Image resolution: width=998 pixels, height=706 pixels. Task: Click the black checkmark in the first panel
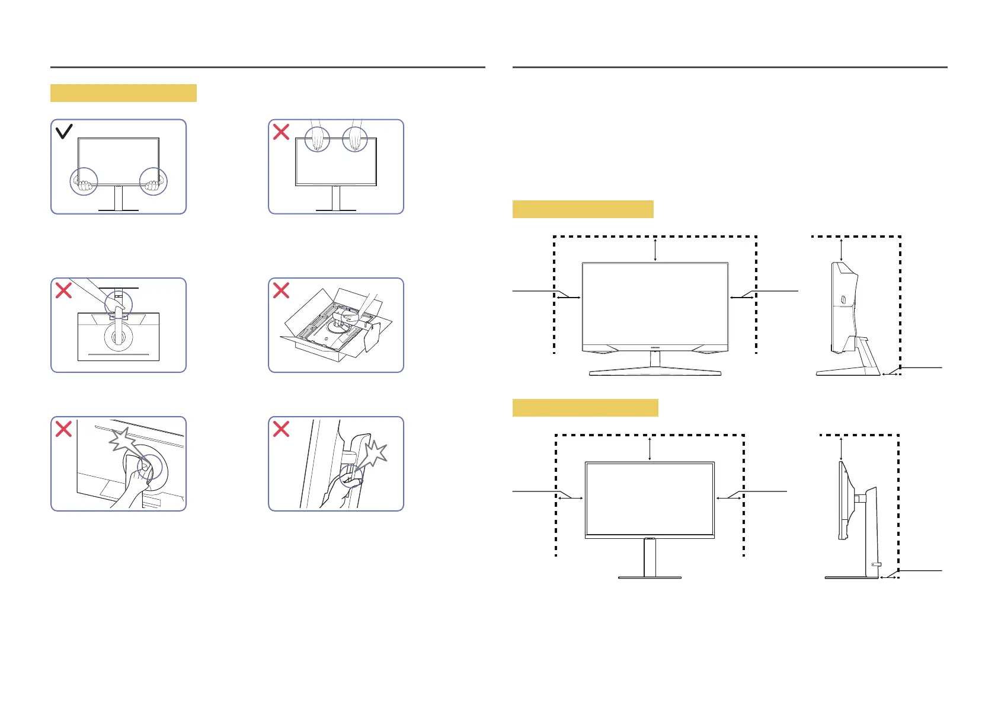pos(64,131)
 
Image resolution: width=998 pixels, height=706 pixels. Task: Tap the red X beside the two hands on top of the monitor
pos(281,132)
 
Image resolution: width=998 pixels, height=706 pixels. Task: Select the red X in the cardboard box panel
pos(281,290)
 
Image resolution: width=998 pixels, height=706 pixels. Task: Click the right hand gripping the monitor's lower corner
pos(153,185)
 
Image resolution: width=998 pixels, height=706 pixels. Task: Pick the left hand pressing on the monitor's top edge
pos(318,139)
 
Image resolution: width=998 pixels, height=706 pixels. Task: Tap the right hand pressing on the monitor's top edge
pos(356,139)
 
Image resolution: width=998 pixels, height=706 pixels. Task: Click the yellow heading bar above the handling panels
pos(123,93)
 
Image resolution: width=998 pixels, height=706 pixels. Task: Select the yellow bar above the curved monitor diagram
pos(583,209)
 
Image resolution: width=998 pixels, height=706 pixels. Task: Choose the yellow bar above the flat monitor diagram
pos(585,408)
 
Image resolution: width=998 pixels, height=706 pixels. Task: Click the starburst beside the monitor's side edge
pos(374,455)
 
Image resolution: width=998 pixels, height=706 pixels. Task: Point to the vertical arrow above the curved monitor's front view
pos(655,249)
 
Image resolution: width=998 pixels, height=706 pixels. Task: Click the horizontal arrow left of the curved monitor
pos(569,298)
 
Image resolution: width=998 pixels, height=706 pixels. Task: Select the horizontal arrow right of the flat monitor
pos(728,499)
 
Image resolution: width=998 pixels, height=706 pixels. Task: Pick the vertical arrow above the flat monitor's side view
pos(841,449)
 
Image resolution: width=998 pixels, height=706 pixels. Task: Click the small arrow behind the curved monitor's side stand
pos(891,374)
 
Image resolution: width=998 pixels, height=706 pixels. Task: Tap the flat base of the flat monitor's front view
pos(650,577)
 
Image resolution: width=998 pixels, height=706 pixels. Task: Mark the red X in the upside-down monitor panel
pos(63,290)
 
